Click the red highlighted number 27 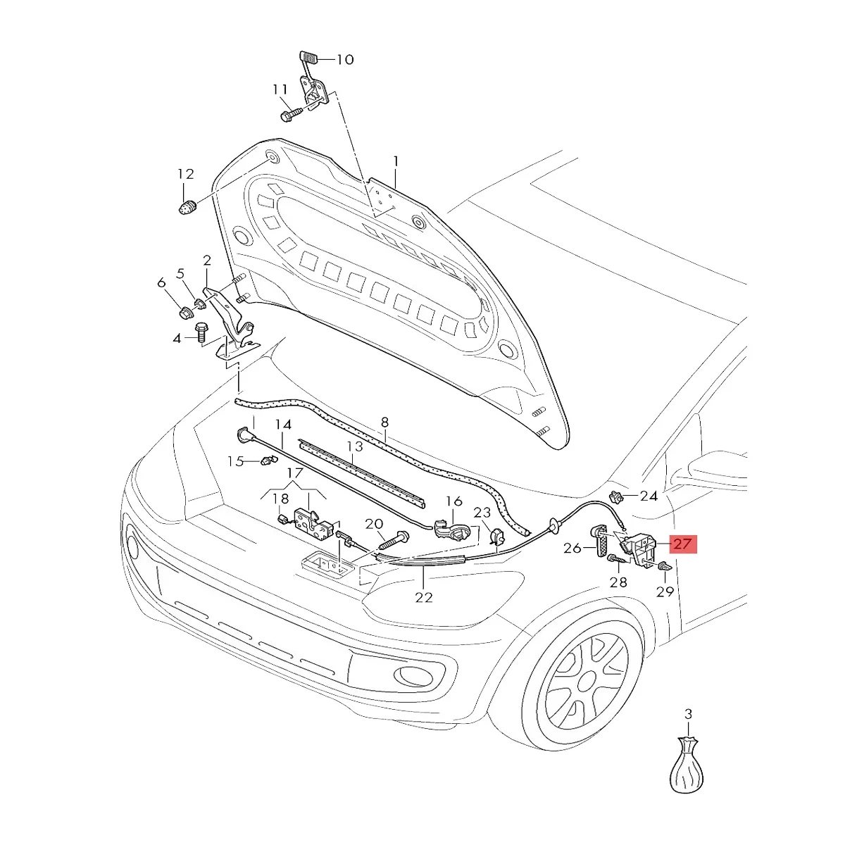[682, 544]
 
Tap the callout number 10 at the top [344, 60]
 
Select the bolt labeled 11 [290, 113]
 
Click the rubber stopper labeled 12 [186, 208]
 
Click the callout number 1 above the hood [396, 161]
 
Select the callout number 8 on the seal [384, 423]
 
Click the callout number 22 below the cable [423, 598]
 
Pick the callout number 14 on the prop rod [282, 425]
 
